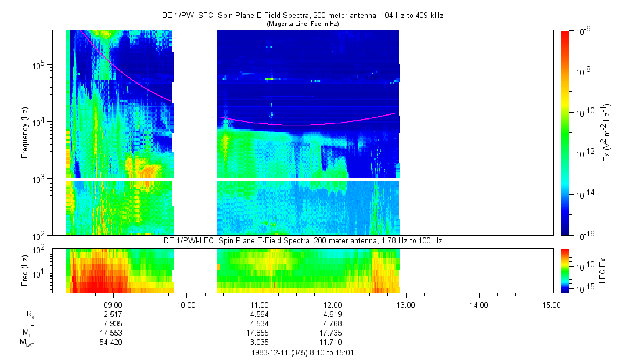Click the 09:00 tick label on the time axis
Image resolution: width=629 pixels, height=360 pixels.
[x=112, y=304]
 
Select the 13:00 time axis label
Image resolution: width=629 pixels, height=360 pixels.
[x=405, y=304]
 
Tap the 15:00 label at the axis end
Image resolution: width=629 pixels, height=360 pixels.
[x=551, y=304]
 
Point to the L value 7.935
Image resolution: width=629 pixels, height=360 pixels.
[x=112, y=323]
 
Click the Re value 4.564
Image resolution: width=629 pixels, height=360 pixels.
[x=259, y=314]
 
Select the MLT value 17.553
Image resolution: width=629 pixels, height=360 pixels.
[x=112, y=333]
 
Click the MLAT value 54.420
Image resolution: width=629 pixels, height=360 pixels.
[x=112, y=343]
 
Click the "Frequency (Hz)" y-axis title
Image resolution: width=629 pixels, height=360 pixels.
[x=25, y=132]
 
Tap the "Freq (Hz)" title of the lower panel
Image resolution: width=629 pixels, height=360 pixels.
[x=25, y=270]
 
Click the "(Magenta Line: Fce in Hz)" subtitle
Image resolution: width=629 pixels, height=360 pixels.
[x=302, y=24]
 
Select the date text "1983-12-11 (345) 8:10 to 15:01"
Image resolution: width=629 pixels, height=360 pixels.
[x=302, y=352]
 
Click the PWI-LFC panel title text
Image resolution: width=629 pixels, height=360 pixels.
[x=302, y=240]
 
